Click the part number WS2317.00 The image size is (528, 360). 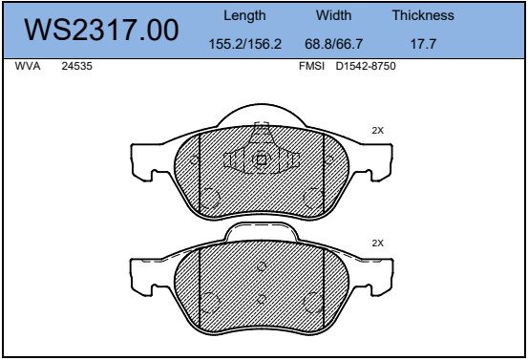(101, 30)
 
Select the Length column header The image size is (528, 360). (244, 16)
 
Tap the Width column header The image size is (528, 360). (334, 15)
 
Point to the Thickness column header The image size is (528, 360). (423, 15)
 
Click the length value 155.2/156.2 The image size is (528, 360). (245, 44)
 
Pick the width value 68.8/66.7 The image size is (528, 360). (334, 44)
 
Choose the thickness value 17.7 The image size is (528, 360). (423, 44)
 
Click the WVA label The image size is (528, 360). (28, 66)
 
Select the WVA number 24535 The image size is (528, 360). (76, 66)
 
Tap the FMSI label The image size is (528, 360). (312, 66)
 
